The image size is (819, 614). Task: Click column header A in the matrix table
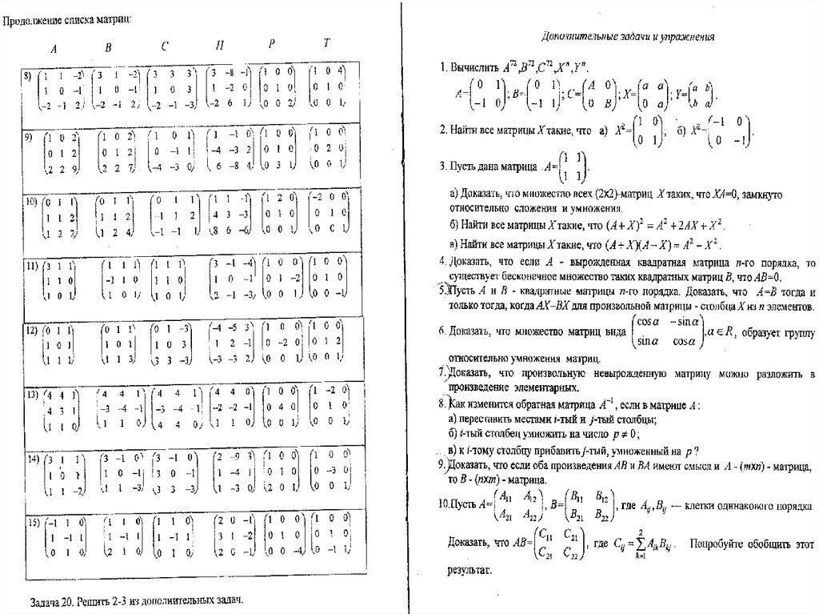[x=54, y=49]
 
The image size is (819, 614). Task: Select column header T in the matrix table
[x=326, y=43]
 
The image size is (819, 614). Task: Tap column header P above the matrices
[x=272, y=45]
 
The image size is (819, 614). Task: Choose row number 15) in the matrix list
[x=33, y=523]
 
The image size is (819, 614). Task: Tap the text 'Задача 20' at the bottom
[x=53, y=600]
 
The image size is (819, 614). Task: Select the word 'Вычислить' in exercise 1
[x=474, y=67]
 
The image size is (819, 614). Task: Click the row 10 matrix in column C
[x=176, y=214]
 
